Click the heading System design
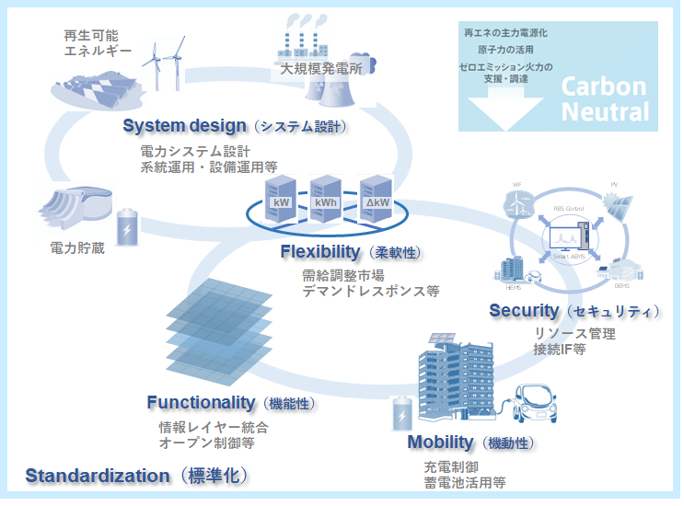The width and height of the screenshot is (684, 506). (x=184, y=126)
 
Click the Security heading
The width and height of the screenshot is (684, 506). (x=524, y=311)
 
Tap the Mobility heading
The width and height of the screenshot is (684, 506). (x=440, y=443)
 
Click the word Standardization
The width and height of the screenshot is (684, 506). (x=98, y=476)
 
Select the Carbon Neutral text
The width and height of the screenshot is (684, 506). (x=605, y=99)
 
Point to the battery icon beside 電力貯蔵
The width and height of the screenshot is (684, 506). (x=126, y=226)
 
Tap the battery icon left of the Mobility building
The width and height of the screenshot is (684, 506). (x=402, y=414)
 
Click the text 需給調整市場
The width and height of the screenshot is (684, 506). (x=343, y=274)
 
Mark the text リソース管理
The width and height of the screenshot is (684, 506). (x=574, y=333)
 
